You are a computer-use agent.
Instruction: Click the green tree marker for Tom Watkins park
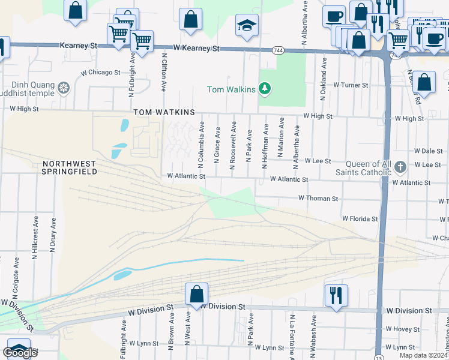click(265, 89)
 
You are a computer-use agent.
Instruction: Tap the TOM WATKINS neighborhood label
click(164, 112)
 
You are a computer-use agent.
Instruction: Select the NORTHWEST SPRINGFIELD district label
click(69, 167)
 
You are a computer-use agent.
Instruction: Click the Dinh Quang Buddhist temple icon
click(63, 89)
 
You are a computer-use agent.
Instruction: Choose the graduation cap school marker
click(247, 25)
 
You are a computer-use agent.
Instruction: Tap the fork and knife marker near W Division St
click(336, 295)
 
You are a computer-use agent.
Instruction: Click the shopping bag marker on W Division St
click(196, 294)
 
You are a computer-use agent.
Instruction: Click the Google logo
click(20, 353)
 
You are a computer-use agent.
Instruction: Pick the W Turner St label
click(351, 85)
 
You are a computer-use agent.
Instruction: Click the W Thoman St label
click(318, 198)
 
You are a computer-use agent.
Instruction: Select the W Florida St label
click(360, 219)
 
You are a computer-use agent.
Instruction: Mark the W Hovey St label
click(403, 329)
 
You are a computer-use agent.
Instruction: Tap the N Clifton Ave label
click(163, 71)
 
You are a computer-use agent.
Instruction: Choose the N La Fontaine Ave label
click(292, 337)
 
